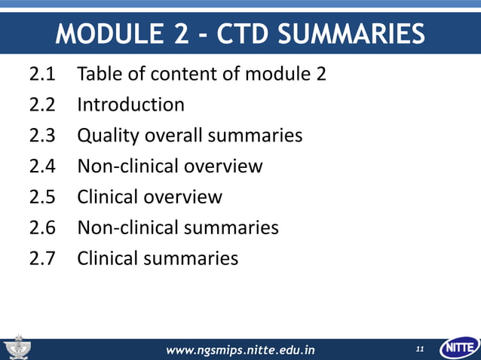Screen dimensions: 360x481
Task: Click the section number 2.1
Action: [x=43, y=75]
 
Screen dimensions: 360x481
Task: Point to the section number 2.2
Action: [x=43, y=105]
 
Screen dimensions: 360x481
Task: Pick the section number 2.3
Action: [x=43, y=136]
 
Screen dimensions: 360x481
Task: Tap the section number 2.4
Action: [x=43, y=166]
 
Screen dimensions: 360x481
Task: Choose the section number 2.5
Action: [x=43, y=197]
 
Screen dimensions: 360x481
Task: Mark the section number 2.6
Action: [x=43, y=227]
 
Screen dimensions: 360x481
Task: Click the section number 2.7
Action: [x=43, y=258]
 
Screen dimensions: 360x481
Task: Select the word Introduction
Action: [x=130, y=105]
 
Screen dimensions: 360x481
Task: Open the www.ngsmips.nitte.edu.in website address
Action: [x=240, y=349]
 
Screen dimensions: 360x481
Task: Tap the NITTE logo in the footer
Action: [x=458, y=348]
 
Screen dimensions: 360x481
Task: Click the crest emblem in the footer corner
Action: [x=17, y=348]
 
